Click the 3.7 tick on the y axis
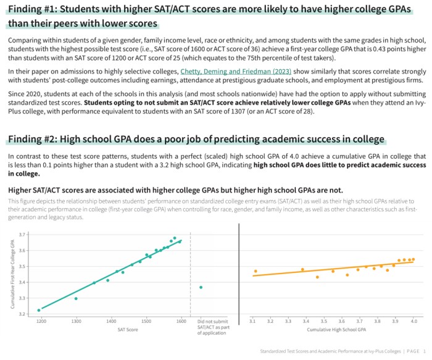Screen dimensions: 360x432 pyautogui.click(x=22, y=235)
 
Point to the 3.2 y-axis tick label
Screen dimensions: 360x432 pyautogui.click(x=22, y=314)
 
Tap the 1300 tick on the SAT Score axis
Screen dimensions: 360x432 pyautogui.click(x=77, y=322)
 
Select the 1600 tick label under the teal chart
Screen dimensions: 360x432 pyautogui.click(x=181, y=322)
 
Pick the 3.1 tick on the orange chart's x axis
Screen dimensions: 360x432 pyautogui.click(x=252, y=322)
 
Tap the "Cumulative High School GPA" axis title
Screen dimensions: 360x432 pyautogui.click(x=333, y=330)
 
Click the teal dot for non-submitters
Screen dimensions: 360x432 pyautogui.click(x=201, y=287)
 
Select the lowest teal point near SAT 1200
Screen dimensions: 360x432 pyautogui.click(x=39, y=310)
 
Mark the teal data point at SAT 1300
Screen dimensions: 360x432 pyautogui.click(x=76, y=298)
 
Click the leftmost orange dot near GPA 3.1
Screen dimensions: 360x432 pyautogui.click(x=255, y=271)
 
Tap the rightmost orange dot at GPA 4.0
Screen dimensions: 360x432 pyautogui.click(x=413, y=259)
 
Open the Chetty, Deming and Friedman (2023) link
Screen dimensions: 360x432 pyautogui.click(x=236, y=72)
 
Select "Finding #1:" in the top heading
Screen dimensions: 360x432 pyautogui.click(x=36, y=8)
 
